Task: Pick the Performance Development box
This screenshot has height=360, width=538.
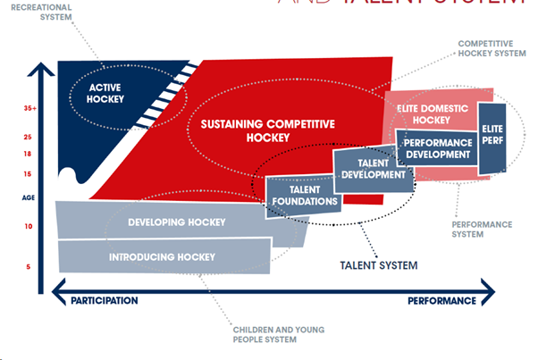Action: pos(437,148)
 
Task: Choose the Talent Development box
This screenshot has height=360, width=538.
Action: pos(373,170)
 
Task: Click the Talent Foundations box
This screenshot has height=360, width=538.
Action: pos(303,196)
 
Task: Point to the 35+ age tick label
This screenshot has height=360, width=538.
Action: pos(29,109)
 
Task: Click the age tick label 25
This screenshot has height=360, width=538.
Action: pos(29,138)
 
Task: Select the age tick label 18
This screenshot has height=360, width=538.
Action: pos(29,155)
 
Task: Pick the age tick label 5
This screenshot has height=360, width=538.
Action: pos(29,267)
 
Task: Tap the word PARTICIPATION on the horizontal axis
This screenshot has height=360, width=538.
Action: pos(105,301)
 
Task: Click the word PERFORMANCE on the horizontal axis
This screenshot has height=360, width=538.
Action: pos(441,301)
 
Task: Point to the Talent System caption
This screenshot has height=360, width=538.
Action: pos(379,265)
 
